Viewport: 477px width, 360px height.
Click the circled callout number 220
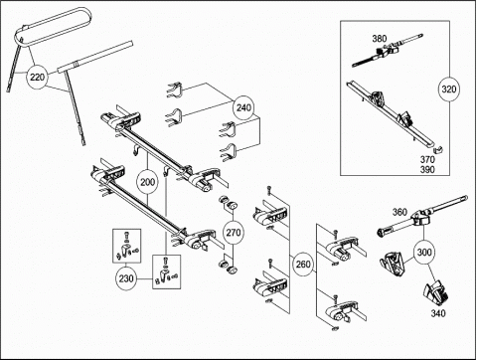[x=37, y=78]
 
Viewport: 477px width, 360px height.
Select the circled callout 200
[x=147, y=182]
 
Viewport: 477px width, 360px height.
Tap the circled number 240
[x=243, y=107]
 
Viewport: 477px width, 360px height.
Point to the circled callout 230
[x=126, y=278]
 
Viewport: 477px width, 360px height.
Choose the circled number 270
[x=234, y=233]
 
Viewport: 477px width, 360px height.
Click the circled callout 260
[x=303, y=265]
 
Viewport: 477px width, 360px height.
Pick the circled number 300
[x=424, y=253]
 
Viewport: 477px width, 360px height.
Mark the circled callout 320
[x=449, y=89]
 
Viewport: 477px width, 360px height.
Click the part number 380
[x=379, y=39]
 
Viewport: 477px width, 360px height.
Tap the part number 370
[x=427, y=159]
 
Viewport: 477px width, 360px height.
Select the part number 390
[x=427, y=170]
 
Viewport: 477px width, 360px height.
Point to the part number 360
[x=399, y=212]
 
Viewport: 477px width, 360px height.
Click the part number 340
[x=438, y=313]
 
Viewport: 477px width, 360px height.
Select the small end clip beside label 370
[x=438, y=149]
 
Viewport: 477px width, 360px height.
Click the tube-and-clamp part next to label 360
[x=422, y=216]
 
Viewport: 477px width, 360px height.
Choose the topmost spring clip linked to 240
[x=174, y=90]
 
